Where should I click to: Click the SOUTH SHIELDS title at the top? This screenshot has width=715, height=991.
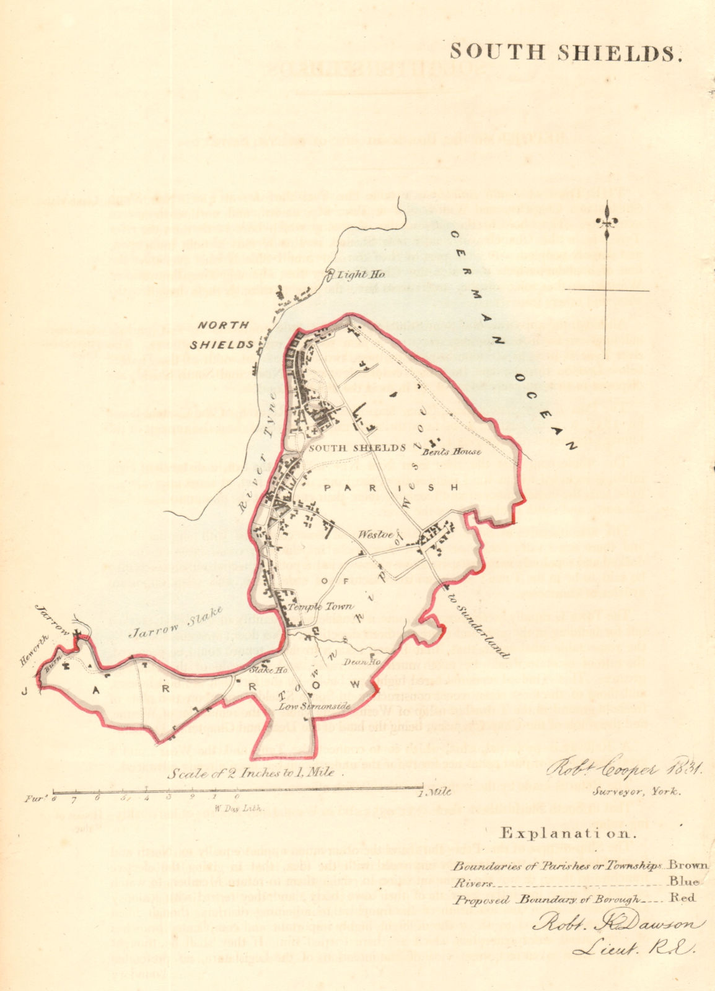(x=566, y=53)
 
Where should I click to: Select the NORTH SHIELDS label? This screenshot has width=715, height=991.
(x=224, y=334)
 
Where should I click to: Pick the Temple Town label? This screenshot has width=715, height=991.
(x=321, y=607)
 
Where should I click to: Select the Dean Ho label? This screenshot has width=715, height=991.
(x=356, y=661)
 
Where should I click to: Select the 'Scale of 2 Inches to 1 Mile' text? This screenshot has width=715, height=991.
(x=252, y=772)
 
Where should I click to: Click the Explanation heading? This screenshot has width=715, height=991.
(x=568, y=833)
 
